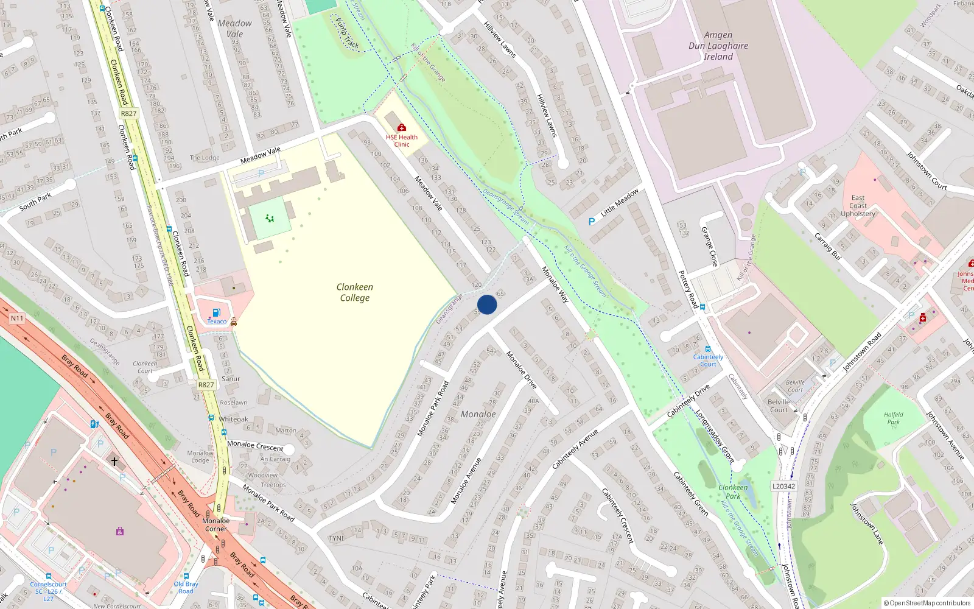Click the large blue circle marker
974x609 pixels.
tap(487, 304)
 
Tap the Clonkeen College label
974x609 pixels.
tap(355, 292)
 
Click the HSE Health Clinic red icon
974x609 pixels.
tap(401, 127)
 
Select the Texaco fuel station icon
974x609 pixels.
tap(216, 313)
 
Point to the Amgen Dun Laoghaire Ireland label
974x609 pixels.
tap(718, 46)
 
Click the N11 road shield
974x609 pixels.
tap(16, 318)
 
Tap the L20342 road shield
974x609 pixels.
tap(783, 486)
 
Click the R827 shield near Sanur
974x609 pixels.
tap(206, 385)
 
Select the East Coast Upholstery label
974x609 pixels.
tap(858, 206)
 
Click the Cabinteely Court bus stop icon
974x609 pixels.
tap(707, 350)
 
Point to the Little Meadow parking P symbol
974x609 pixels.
tap(591, 222)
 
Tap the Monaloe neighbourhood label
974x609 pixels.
tap(478, 414)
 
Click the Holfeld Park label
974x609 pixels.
tap(893, 418)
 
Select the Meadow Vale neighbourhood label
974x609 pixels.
tap(234, 29)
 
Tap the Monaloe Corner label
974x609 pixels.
tap(215, 524)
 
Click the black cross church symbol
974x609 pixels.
tap(114, 462)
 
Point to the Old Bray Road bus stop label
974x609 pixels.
tap(186, 587)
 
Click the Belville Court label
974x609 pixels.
tap(779, 406)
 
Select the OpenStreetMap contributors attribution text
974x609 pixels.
tap(927, 603)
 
